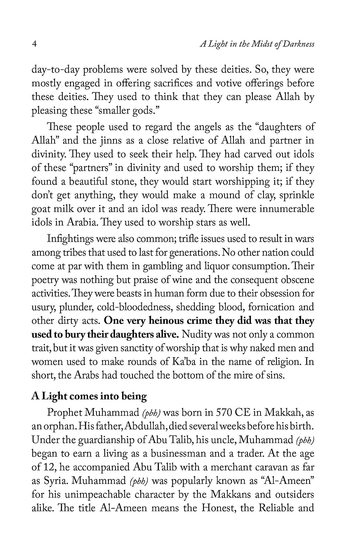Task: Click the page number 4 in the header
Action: (x=34, y=44)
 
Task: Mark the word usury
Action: (x=42, y=307)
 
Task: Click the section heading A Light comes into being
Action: (x=89, y=396)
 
